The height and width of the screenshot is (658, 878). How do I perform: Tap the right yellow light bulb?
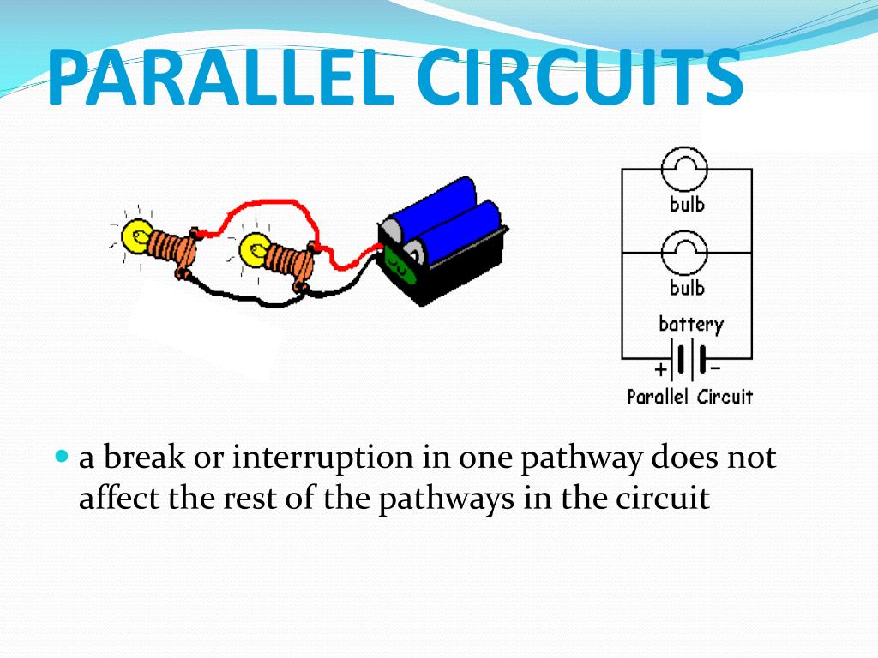tap(254, 251)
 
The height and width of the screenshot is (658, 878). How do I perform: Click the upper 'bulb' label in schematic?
tap(687, 205)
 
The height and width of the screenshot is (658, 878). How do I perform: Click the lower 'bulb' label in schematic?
tap(687, 287)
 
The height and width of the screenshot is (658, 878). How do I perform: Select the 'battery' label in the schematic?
tap(690, 325)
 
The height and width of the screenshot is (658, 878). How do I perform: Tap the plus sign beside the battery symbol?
tap(659, 370)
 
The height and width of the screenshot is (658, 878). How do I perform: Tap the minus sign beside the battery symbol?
tap(715, 368)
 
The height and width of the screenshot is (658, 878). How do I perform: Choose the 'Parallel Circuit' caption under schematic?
tap(689, 397)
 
